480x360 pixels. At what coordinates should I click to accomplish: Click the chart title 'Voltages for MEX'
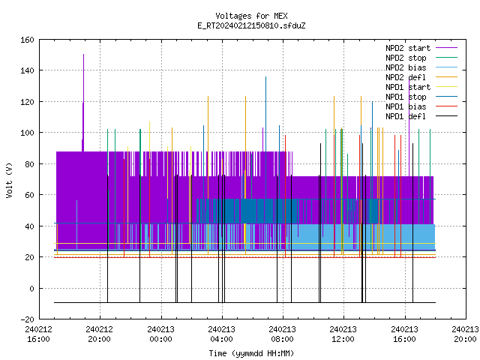coord(251,16)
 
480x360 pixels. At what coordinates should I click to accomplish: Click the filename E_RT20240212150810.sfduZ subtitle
coord(251,25)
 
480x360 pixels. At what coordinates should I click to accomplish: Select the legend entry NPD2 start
coord(408,48)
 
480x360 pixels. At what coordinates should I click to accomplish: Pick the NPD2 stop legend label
coord(406,58)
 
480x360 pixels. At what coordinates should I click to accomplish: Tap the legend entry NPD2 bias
coord(406,67)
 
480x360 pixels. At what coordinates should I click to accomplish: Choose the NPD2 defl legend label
coord(406,77)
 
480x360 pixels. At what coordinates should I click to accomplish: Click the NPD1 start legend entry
coord(408,87)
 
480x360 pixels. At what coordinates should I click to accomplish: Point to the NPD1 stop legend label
coord(406,97)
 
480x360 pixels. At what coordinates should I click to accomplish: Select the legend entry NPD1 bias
coord(406,106)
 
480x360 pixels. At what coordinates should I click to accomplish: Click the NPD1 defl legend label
coord(406,116)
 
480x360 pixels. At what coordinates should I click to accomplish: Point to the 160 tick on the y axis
coord(27,40)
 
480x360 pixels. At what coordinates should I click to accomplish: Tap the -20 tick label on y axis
coord(27,319)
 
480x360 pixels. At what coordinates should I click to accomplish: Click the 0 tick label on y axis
coord(31,288)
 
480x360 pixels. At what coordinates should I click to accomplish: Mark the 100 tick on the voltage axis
coord(27,133)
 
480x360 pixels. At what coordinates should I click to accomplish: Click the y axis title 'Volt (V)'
coord(9,180)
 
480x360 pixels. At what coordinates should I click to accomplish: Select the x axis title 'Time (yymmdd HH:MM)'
coord(251,353)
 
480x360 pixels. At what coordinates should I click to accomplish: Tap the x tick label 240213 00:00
coord(160,334)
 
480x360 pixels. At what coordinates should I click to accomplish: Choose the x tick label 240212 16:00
coord(38,334)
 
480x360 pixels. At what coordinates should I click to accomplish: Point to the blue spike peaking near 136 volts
coord(265,138)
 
